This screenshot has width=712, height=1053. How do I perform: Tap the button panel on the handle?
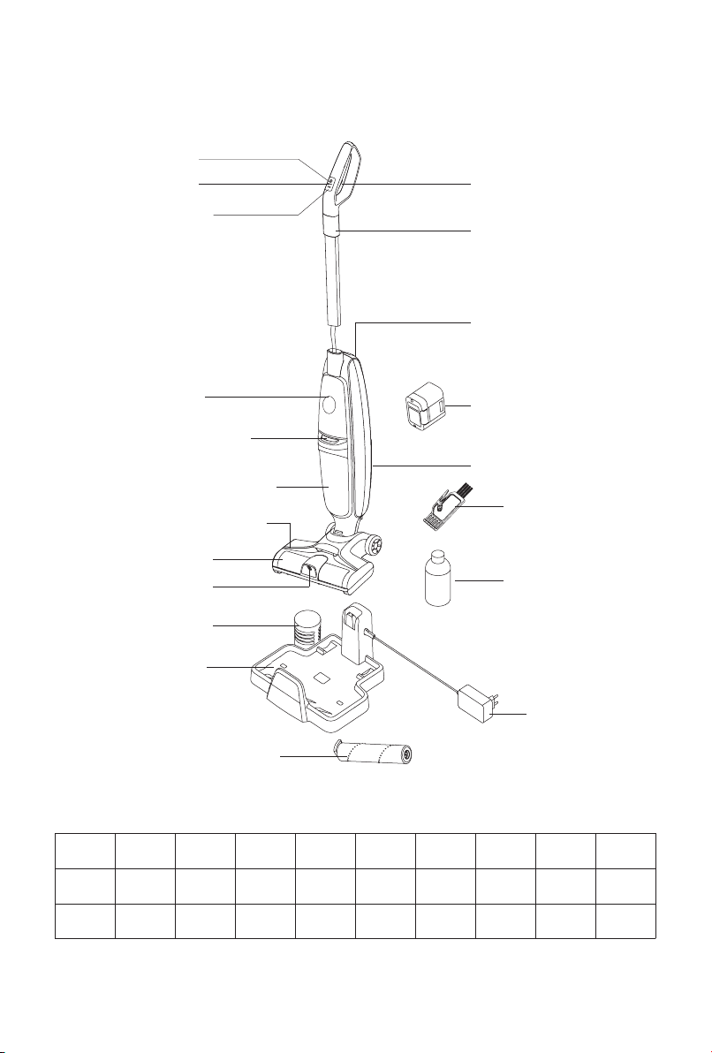tap(329, 185)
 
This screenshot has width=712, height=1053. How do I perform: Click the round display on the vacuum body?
tap(328, 405)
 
